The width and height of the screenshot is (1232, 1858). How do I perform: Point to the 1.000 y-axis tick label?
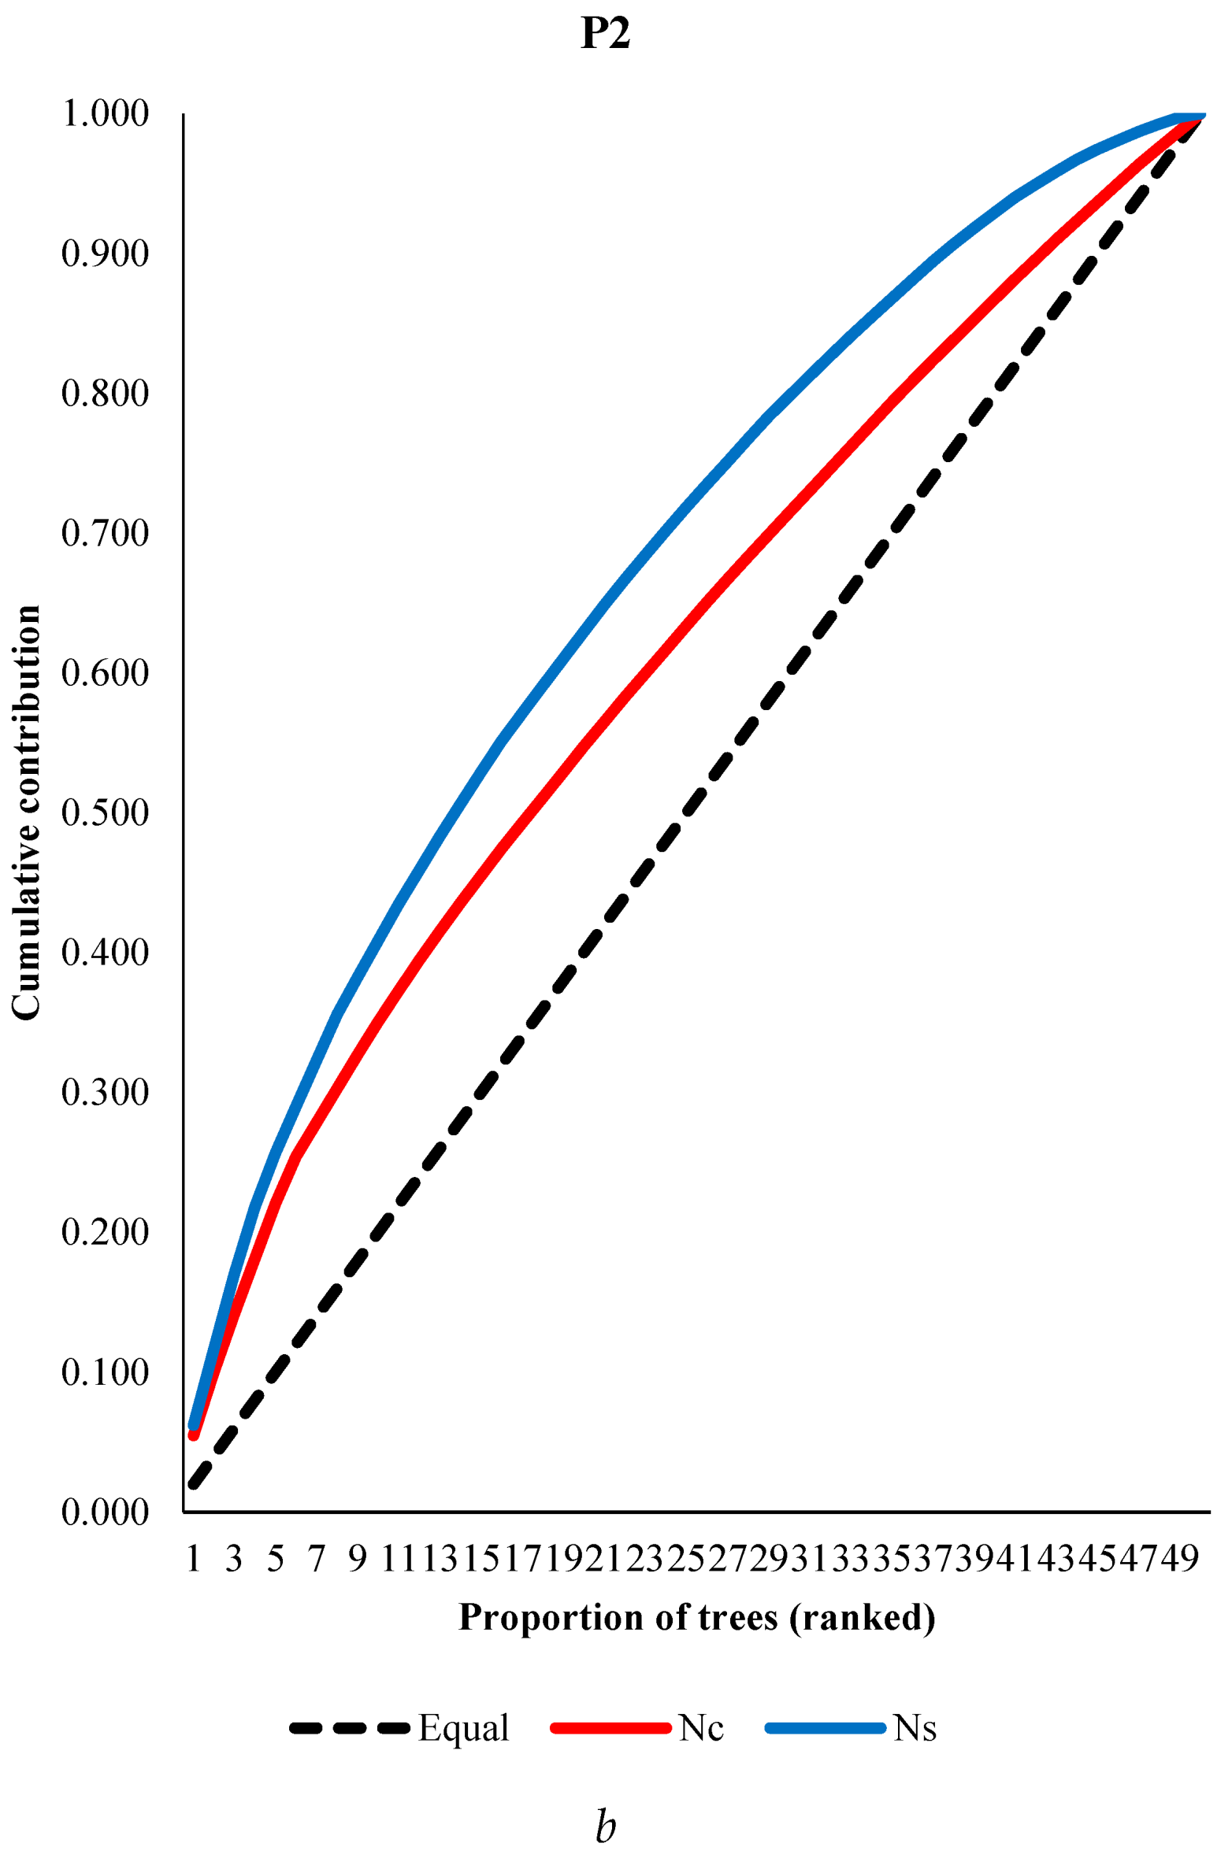105,114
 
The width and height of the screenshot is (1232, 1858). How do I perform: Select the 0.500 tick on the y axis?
105,813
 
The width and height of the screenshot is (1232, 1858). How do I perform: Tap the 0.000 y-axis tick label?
105,1512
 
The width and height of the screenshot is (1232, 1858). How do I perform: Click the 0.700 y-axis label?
105,534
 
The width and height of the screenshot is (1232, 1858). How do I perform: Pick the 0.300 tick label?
105,1093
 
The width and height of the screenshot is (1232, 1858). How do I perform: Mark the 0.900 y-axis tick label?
105,254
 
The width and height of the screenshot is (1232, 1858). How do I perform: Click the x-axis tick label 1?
193,1558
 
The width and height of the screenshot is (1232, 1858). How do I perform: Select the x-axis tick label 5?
275,1558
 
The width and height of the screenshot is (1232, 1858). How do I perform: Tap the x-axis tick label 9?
358,1558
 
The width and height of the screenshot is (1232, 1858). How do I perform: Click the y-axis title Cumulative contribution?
26,812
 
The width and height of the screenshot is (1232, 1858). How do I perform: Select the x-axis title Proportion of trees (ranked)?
696,1618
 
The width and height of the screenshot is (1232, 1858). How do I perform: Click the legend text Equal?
464,1728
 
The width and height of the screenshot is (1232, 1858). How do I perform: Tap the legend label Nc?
701,1728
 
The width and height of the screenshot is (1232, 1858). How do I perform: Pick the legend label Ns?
915,1728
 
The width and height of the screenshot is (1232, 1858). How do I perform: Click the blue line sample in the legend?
826,1728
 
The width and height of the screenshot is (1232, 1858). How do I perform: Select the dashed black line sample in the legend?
350,1728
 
